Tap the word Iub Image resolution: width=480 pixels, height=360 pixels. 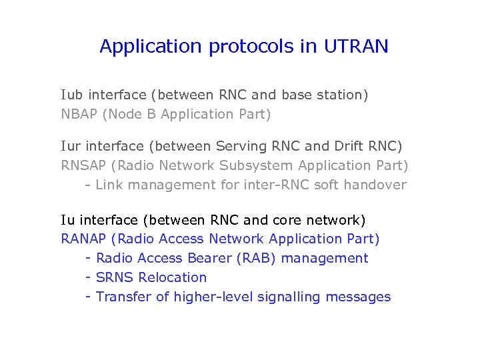(x=72, y=95)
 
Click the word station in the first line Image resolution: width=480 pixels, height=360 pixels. (x=343, y=95)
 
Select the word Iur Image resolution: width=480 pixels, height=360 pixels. (x=71, y=146)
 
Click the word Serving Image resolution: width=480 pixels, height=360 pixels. (x=239, y=146)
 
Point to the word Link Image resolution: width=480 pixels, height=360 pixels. (x=109, y=185)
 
